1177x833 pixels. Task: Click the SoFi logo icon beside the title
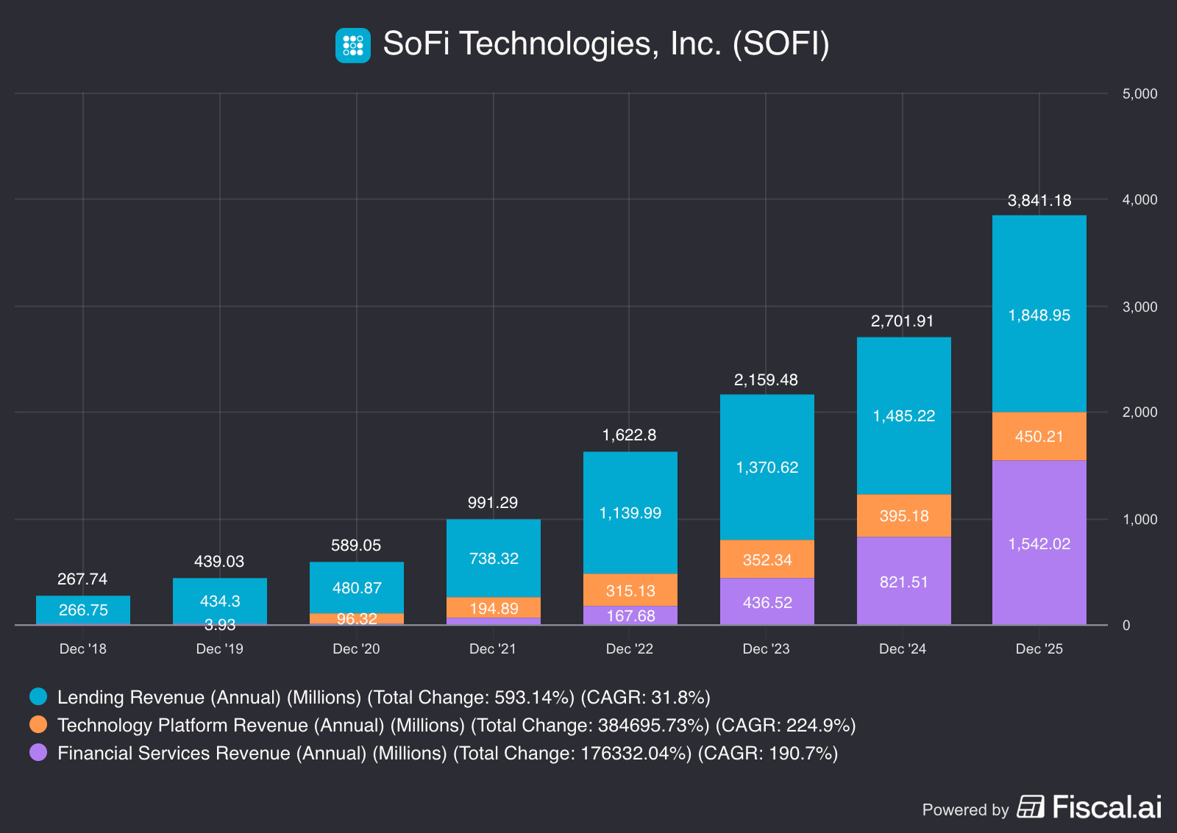[353, 45]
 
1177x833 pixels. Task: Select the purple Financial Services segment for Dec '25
[1039, 573]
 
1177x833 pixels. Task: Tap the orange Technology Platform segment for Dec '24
[903, 515]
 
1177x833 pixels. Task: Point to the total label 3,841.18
[1039, 201]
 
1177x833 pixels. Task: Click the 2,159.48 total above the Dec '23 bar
[766, 380]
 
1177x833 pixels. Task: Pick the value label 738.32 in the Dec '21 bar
[494, 559]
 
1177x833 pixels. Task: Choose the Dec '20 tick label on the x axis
[356, 648]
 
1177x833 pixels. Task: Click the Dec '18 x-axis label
[83, 648]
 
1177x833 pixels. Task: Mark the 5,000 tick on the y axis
[1139, 94]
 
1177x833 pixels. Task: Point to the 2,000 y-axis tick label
[1139, 412]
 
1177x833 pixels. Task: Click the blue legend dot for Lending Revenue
[38, 696]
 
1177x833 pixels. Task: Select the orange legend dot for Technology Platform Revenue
[38, 724]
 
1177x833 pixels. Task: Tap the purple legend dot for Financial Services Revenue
[38, 752]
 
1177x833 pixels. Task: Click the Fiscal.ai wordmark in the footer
[1106, 807]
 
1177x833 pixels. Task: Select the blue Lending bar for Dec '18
[83, 609]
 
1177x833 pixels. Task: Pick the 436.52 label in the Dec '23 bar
[767, 603]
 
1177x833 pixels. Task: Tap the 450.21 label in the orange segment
[1039, 437]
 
